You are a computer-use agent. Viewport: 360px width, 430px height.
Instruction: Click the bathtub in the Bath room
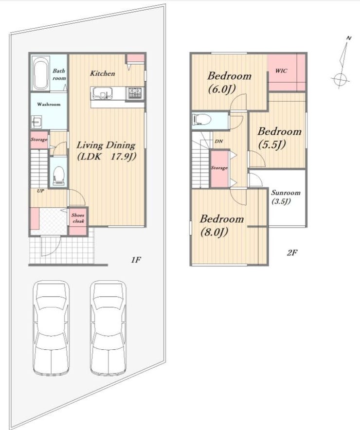point(41,73)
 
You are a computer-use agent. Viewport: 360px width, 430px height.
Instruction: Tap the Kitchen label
point(103,73)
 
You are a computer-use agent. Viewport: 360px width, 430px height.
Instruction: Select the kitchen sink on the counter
point(102,93)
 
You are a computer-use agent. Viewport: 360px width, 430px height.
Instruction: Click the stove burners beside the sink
point(135,93)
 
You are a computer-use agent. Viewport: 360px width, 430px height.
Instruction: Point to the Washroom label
point(49,105)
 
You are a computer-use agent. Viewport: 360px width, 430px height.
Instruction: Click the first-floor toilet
point(58,176)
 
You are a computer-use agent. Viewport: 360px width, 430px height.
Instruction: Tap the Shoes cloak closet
point(78,218)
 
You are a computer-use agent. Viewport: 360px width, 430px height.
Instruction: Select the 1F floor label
point(135,260)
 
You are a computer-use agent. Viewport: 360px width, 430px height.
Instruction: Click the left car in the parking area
point(51,328)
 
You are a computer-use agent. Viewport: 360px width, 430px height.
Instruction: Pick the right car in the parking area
point(108,328)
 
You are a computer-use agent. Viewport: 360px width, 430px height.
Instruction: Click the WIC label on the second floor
point(281,71)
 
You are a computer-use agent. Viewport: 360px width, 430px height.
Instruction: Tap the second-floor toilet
point(202,120)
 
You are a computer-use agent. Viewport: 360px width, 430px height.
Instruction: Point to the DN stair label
point(218,142)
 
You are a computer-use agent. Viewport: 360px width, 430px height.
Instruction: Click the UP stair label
point(40,191)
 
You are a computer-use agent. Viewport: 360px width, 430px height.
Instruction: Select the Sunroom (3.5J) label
point(286,197)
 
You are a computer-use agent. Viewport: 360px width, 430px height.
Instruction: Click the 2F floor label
point(292,252)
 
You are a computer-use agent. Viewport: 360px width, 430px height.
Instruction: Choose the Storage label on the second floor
point(219,167)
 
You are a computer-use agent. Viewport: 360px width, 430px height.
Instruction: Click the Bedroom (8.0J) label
point(221,226)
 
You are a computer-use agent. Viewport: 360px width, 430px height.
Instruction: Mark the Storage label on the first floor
point(39,140)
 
